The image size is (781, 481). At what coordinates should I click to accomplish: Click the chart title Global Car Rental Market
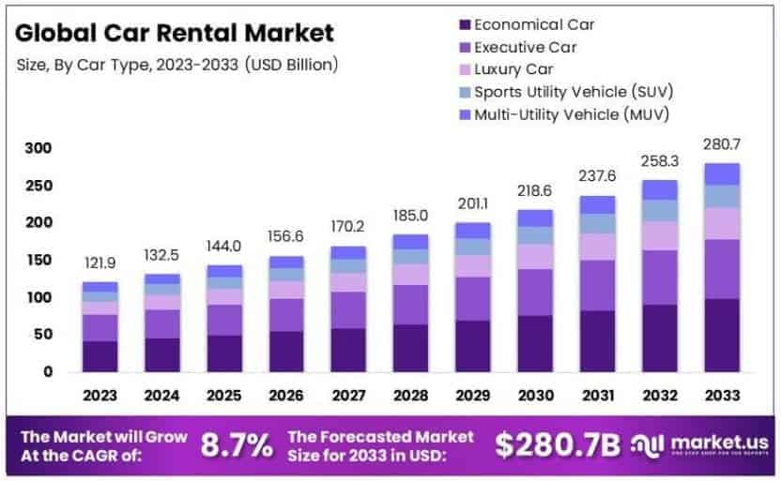pyautogui.click(x=175, y=34)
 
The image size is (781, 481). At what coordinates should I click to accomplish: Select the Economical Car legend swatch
pyautogui.click(x=463, y=24)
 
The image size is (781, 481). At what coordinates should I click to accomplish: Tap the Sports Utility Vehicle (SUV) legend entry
pyautogui.click(x=573, y=92)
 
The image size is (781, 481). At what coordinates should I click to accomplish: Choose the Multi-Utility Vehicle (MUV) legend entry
pyautogui.click(x=573, y=114)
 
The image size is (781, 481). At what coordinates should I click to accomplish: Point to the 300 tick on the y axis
pyautogui.click(x=38, y=148)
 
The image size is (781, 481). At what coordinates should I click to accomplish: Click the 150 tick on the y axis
pyautogui.click(x=38, y=260)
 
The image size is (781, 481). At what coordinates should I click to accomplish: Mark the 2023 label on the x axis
pyautogui.click(x=100, y=395)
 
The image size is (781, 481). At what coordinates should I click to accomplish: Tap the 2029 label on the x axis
pyautogui.click(x=473, y=395)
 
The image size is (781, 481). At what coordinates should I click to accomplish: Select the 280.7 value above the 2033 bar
pyautogui.click(x=721, y=144)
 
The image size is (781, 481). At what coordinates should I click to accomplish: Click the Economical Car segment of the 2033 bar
pyautogui.click(x=721, y=335)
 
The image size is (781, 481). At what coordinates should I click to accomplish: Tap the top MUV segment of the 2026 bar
pyautogui.click(x=286, y=263)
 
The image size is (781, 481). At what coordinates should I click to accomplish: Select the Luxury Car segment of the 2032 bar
pyautogui.click(x=659, y=235)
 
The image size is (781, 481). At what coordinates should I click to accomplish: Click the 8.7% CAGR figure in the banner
pyautogui.click(x=238, y=443)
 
